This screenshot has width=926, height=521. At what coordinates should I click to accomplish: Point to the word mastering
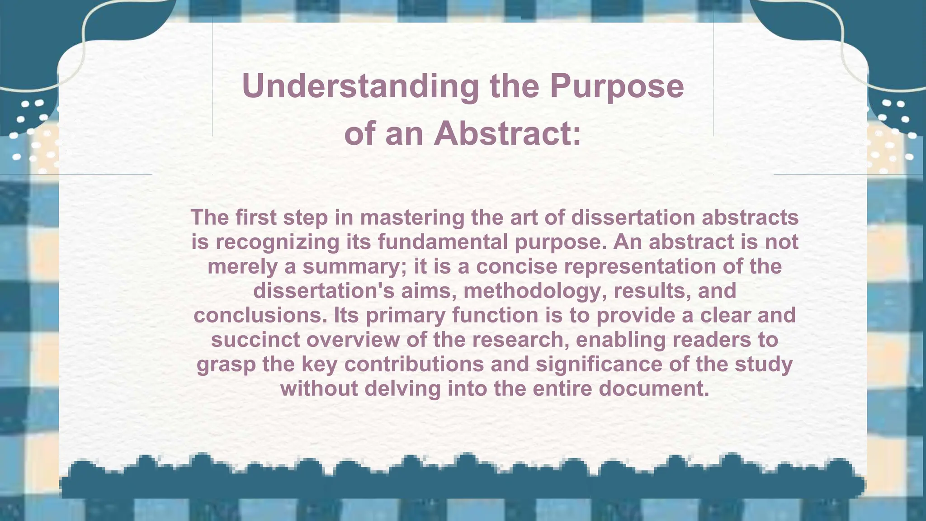(412, 218)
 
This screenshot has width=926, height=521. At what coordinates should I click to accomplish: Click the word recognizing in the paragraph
(277, 242)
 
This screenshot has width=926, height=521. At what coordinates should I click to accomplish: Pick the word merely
(242, 266)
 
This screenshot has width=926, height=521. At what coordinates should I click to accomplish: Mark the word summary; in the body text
(355, 266)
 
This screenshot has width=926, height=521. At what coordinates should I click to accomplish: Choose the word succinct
(255, 340)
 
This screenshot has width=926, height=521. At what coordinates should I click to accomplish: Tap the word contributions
(414, 364)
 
